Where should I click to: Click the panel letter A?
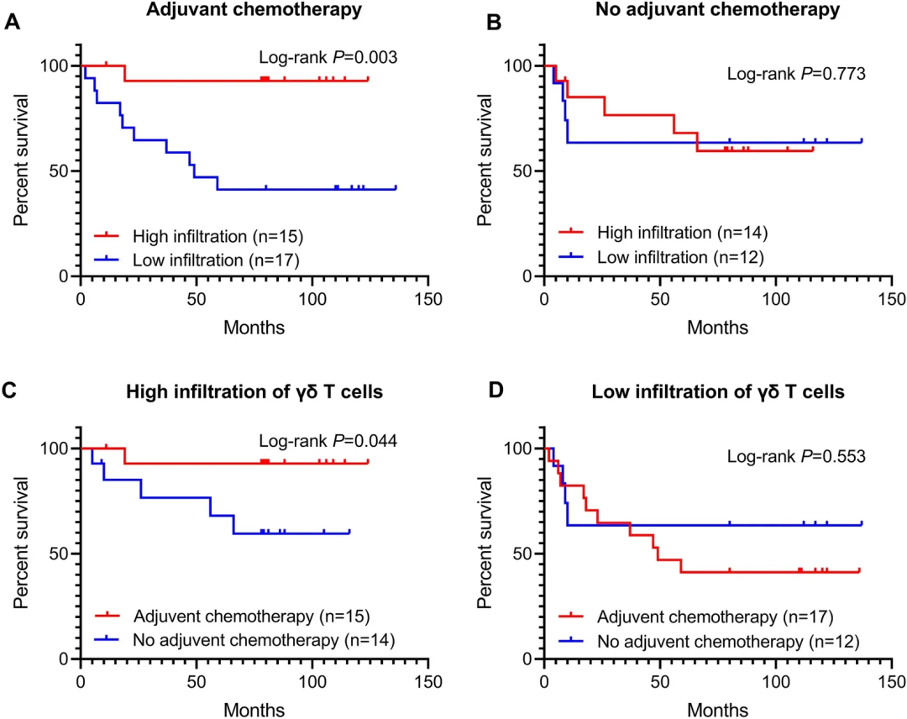[x=13, y=23]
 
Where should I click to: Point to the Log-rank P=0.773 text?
[x=796, y=74]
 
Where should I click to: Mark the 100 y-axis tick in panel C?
[x=58, y=449]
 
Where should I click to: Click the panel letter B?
[x=476, y=23]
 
